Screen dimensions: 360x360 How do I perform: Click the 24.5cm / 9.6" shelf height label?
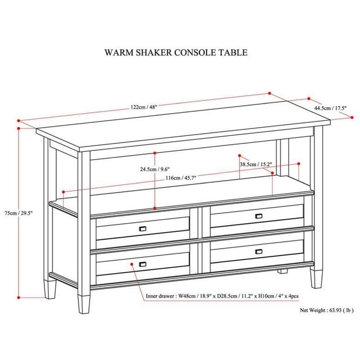(x=154, y=170)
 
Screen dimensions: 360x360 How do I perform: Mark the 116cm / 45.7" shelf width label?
(x=183, y=178)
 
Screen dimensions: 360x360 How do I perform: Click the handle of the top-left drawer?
(x=144, y=229)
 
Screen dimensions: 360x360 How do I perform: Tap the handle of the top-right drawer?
(x=259, y=216)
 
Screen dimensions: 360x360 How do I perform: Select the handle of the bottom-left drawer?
(x=144, y=264)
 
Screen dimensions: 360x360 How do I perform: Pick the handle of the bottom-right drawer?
(x=259, y=251)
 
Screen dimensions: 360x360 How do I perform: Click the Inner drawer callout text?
(x=223, y=296)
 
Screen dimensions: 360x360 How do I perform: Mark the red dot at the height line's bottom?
(x=18, y=297)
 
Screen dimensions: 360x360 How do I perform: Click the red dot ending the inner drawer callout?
(x=131, y=265)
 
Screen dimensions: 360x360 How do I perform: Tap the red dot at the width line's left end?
(x=18, y=121)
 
